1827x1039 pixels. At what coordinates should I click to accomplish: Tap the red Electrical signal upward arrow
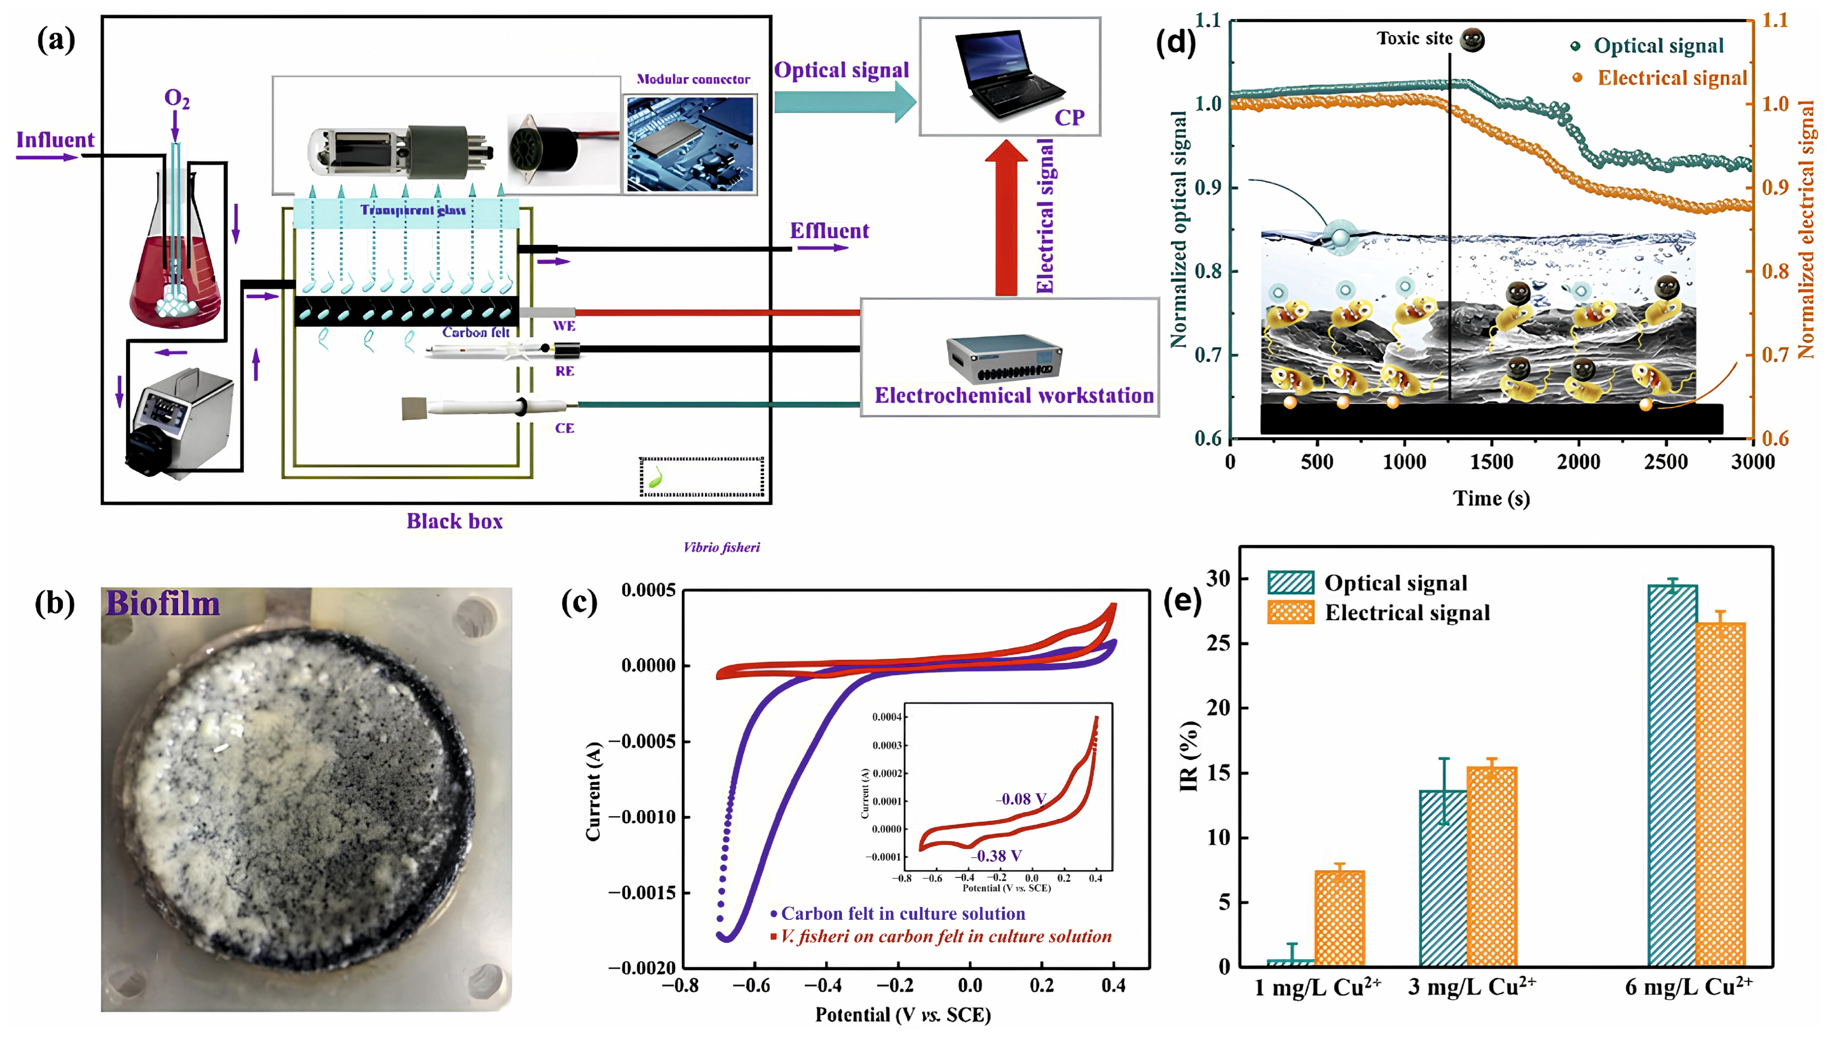[x=1006, y=218]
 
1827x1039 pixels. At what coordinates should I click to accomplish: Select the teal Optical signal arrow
[x=844, y=102]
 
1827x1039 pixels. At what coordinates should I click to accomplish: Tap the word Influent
[x=55, y=140]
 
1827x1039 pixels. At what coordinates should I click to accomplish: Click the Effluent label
[x=829, y=231]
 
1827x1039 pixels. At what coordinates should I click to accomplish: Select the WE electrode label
[x=563, y=326]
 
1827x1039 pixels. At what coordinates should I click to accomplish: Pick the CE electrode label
[x=564, y=428]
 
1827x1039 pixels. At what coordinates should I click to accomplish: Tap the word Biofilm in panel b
[x=162, y=604]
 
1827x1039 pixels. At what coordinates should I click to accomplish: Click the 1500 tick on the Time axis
[x=1491, y=462]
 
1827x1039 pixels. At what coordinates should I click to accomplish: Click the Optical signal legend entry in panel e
[x=1395, y=583]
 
